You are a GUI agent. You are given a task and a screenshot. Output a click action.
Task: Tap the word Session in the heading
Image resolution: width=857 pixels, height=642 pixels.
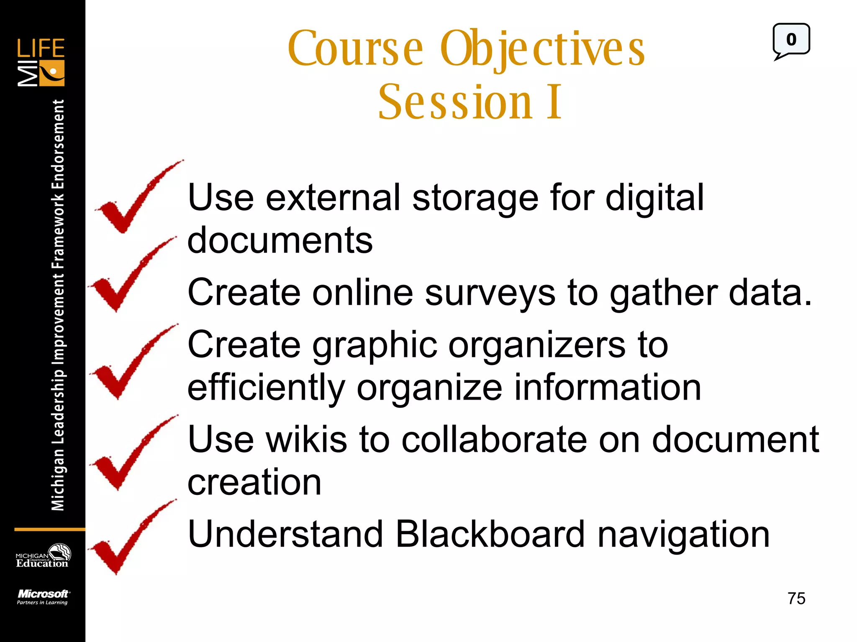pyautogui.click(x=455, y=102)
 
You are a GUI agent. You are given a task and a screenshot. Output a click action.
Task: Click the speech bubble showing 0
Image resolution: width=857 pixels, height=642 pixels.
pyautogui.click(x=791, y=40)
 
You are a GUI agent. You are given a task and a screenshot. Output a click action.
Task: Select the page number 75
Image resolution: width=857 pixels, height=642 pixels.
pyautogui.click(x=796, y=599)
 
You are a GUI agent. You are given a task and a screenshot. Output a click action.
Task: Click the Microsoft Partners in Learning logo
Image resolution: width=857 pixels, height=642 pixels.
pyautogui.click(x=43, y=597)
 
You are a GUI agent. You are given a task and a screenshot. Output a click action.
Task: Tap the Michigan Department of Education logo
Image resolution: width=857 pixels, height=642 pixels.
pyautogui.click(x=43, y=556)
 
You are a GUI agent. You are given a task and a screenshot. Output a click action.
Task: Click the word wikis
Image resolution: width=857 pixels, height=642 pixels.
pyautogui.click(x=307, y=440)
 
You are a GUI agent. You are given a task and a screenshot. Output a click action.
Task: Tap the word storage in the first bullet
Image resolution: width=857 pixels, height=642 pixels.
pyautogui.click(x=475, y=198)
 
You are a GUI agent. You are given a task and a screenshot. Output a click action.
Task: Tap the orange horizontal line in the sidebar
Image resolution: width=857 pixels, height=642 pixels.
pyautogui.click(x=49, y=530)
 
